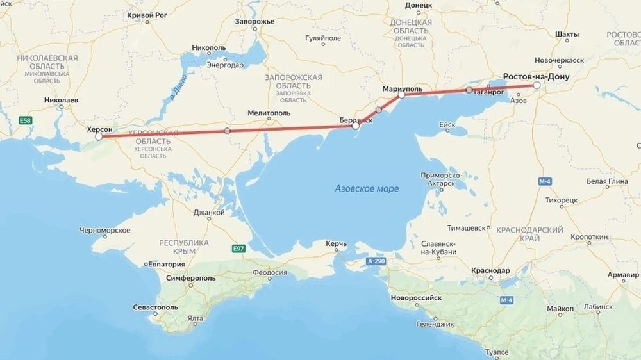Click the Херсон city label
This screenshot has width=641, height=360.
(x=99, y=129)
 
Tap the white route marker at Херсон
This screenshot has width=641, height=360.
(x=99, y=136)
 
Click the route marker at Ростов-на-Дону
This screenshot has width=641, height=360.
(x=537, y=85)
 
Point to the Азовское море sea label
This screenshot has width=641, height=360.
(x=367, y=189)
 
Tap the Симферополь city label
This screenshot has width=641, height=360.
(x=192, y=280)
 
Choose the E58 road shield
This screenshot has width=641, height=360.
(x=25, y=120)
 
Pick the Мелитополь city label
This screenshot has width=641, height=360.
(x=269, y=113)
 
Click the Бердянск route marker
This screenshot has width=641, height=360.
(x=356, y=126)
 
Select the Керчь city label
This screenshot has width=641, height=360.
(x=336, y=244)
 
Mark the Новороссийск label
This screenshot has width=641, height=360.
(x=417, y=298)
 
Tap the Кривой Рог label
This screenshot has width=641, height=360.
(x=149, y=14)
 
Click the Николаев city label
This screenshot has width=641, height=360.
(x=62, y=101)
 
